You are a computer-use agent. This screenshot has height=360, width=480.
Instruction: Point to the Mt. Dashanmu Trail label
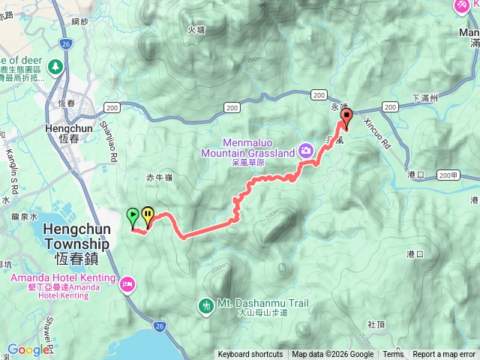click(262, 304)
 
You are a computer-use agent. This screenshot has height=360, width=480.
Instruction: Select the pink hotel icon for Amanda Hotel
click(128, 283)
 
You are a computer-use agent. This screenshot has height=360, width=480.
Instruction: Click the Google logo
click(28, 349)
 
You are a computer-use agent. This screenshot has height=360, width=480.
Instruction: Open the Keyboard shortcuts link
click(250, 355)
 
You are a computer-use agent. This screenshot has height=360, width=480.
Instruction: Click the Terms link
click(393, 355)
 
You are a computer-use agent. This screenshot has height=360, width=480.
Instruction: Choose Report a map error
click(445, 355)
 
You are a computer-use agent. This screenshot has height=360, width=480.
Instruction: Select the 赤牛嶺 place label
click(159, 178)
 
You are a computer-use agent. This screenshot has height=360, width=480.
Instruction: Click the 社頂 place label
click(376, 324)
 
